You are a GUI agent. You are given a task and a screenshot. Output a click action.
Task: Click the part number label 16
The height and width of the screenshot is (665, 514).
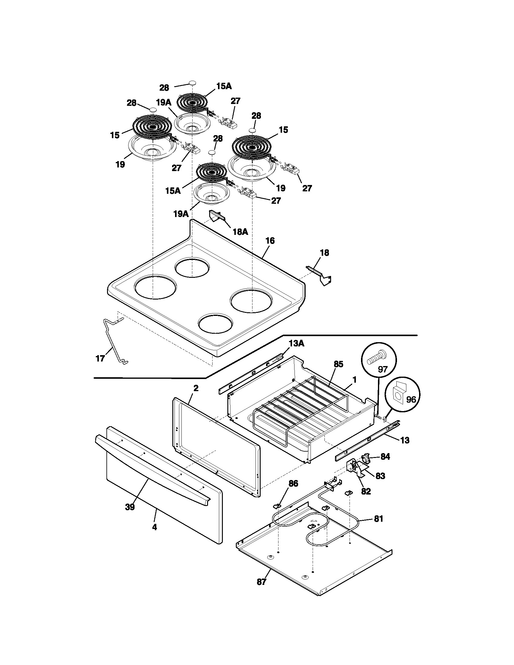pos(270,241)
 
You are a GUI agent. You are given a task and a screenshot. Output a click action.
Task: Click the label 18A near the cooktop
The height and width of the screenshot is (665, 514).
pos(240,232)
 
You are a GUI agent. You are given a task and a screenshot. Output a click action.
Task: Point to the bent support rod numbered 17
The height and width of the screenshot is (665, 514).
pos(113,340)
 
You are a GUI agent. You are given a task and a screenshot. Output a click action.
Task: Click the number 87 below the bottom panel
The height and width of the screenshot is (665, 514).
pos(262,582)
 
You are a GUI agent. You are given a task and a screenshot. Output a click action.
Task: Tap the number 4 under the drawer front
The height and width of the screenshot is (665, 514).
pos(155,527)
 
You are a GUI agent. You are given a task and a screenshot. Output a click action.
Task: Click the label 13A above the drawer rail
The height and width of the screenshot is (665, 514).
pos(296,344)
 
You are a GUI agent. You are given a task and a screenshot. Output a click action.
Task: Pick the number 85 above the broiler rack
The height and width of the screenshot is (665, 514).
pos(338,364)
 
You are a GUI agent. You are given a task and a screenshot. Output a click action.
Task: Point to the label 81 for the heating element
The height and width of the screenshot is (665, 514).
pos(379,518)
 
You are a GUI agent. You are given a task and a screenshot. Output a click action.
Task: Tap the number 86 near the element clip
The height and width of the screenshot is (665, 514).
pos(293,484)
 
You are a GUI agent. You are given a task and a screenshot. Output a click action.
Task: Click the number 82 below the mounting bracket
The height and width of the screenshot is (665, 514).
pos(366,491)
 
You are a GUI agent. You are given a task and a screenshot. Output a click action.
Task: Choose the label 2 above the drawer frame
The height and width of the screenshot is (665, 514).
pos(196,388)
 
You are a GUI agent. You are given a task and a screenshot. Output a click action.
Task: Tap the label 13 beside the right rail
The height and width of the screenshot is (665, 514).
pos(405,440)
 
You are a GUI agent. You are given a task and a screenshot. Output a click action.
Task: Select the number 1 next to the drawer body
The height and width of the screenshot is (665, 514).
pos(354,380)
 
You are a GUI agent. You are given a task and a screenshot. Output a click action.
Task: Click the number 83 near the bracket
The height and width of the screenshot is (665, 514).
pos(380,475)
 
